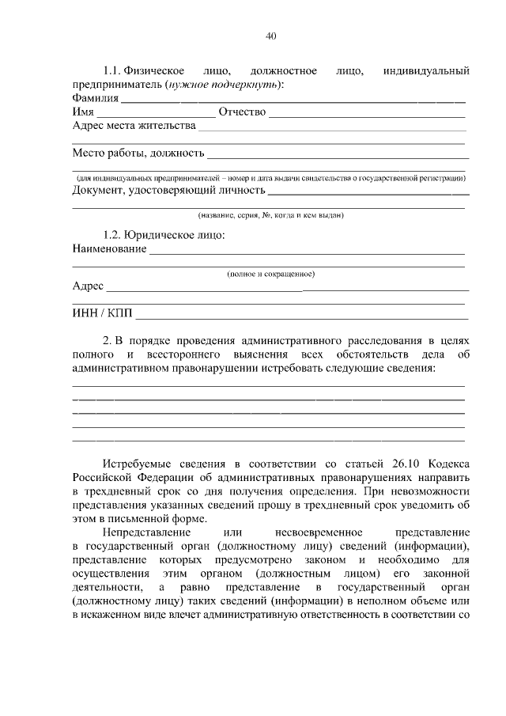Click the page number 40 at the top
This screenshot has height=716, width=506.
pos(271,36)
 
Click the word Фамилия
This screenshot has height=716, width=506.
pos(95,99)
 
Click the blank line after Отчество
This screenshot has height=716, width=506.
pos(367,116)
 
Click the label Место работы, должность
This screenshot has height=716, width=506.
pos(138,153)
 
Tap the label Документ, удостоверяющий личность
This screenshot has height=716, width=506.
pos(168,190)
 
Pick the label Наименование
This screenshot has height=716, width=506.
pos(109,249)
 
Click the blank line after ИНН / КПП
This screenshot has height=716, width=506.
pos(300,318)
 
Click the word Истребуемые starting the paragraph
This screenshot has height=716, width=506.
pos(139,463)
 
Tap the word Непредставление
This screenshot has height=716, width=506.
pos(145,534)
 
